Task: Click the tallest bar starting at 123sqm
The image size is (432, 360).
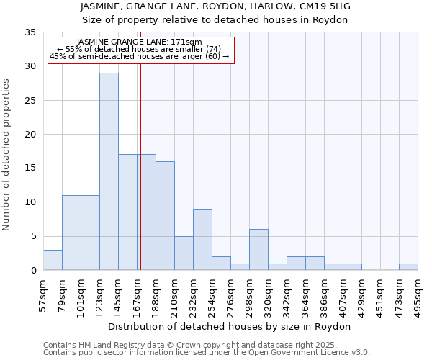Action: pos(109,171)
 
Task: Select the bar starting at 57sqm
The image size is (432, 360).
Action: pos(53,260)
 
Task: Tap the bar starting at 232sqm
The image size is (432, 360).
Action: pos(202,240)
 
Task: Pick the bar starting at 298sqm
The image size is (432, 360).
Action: pos(258,250)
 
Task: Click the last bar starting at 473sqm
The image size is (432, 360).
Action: pos(408,267)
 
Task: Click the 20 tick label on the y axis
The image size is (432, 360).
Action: pos(30,135)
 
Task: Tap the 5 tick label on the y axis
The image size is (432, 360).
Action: pos(32,237)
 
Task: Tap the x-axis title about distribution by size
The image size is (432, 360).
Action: pos(230,327)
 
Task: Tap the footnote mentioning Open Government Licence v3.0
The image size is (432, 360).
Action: pos(207,353)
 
